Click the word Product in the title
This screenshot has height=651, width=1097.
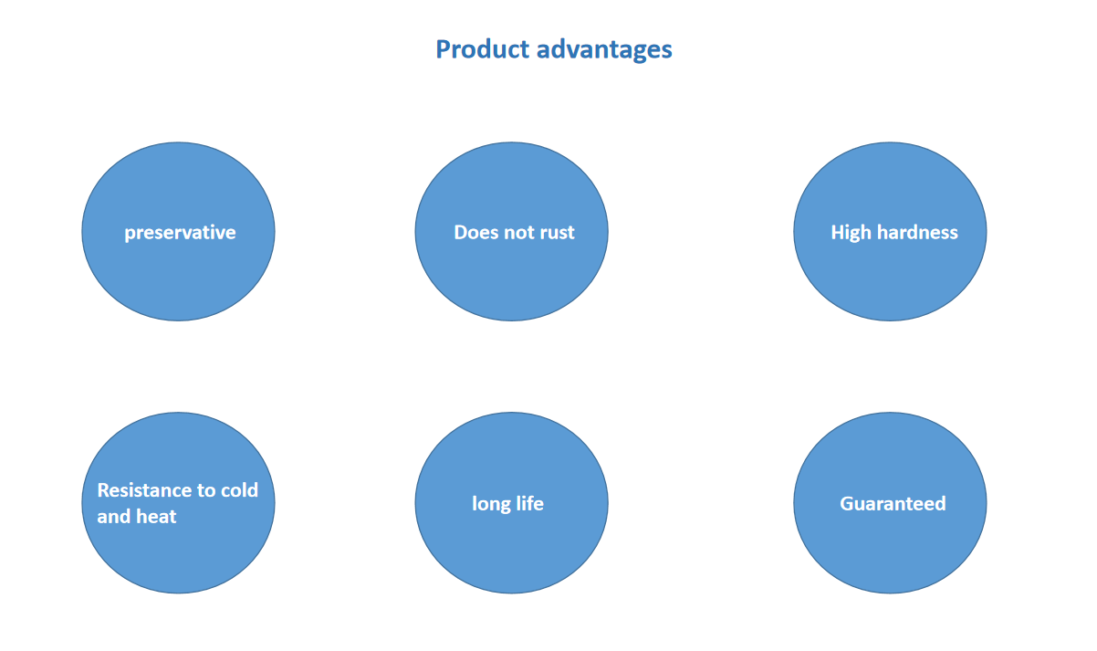point(483,49)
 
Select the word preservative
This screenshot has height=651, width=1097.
point(180,233)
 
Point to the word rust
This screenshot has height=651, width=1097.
point(557,233)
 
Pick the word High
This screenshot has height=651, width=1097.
point(851,233)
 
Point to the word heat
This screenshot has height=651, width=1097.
point(156,516)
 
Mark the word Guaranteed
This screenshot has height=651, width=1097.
point(893,504)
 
